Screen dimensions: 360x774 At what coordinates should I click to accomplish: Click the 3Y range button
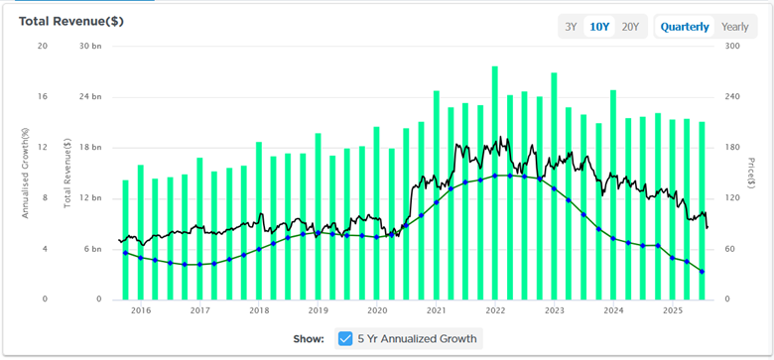pyautogui.click(x=572, y=27)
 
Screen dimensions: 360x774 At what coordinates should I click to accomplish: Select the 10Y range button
pyautogui.click(x=599, y=27)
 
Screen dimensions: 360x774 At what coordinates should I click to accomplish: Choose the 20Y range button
pyautogui.click(x=630, y=27)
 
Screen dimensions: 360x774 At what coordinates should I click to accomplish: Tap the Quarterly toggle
pyautogui.click(x=685, y=27)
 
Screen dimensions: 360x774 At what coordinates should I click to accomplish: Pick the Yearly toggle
pyautogui.click(x=735, y=27)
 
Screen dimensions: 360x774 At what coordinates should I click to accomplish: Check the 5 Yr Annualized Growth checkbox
pyautogui.click(x=345, y=338)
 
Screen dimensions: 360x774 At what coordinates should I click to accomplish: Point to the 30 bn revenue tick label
pyautogui.click(x=89, y=47)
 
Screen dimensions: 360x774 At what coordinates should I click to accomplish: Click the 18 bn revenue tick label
pyautogui.click(x=89, y=148)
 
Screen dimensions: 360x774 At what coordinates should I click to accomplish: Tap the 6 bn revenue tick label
pyautogui.click(x=91, y=249)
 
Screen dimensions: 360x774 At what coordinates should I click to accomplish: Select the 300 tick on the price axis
pyautogui.click(x=731, y=47)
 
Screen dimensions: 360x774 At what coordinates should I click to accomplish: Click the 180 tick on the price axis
pyautogui.click(x=731, y=148)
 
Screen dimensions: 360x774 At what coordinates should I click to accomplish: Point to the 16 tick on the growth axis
pyautogui.click(x=42, y=97)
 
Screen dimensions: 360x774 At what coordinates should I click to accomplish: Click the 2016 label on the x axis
pyautogui.click(x=141, y=310)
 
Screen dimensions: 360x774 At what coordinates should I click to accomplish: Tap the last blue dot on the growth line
pyautogui.click(x=703, y=272)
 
